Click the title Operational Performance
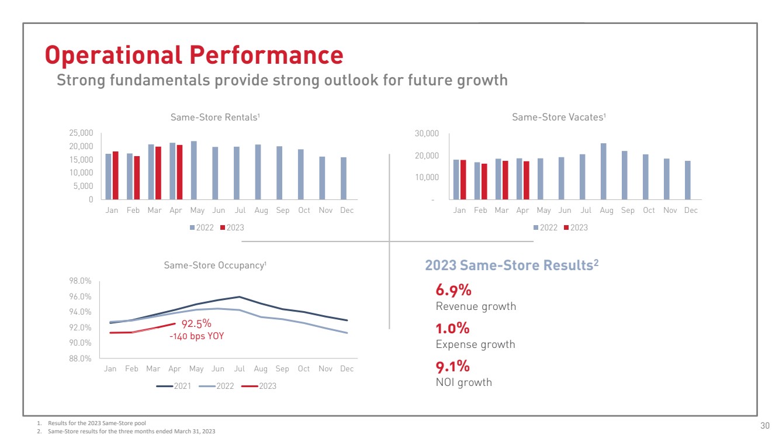click(x=194, y=55)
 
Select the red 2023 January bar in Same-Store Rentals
click(x=116, y=175)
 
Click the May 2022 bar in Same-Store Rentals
click(x=194, y=170)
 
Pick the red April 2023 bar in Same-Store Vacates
click(x=526, y=180)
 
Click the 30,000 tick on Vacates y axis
click(x=427, y=134)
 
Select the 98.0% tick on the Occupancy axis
click(x=80, y=281)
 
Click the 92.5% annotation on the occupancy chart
click(x=196, y=323)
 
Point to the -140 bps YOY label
click(x=196, y=336)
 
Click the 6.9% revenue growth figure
click(x=453, y=290)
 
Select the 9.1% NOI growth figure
click(x=453, y=367)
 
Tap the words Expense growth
click(x=475, y=344)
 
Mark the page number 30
click(x=765, y=425)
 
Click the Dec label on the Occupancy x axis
click(x=347, y=369)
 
